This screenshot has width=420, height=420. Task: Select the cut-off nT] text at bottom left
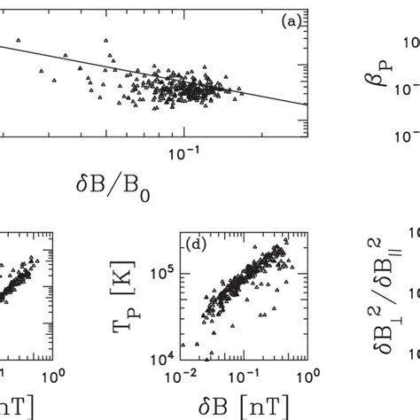[11, 405]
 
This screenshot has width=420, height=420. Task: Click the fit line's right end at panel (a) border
[306, 105]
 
